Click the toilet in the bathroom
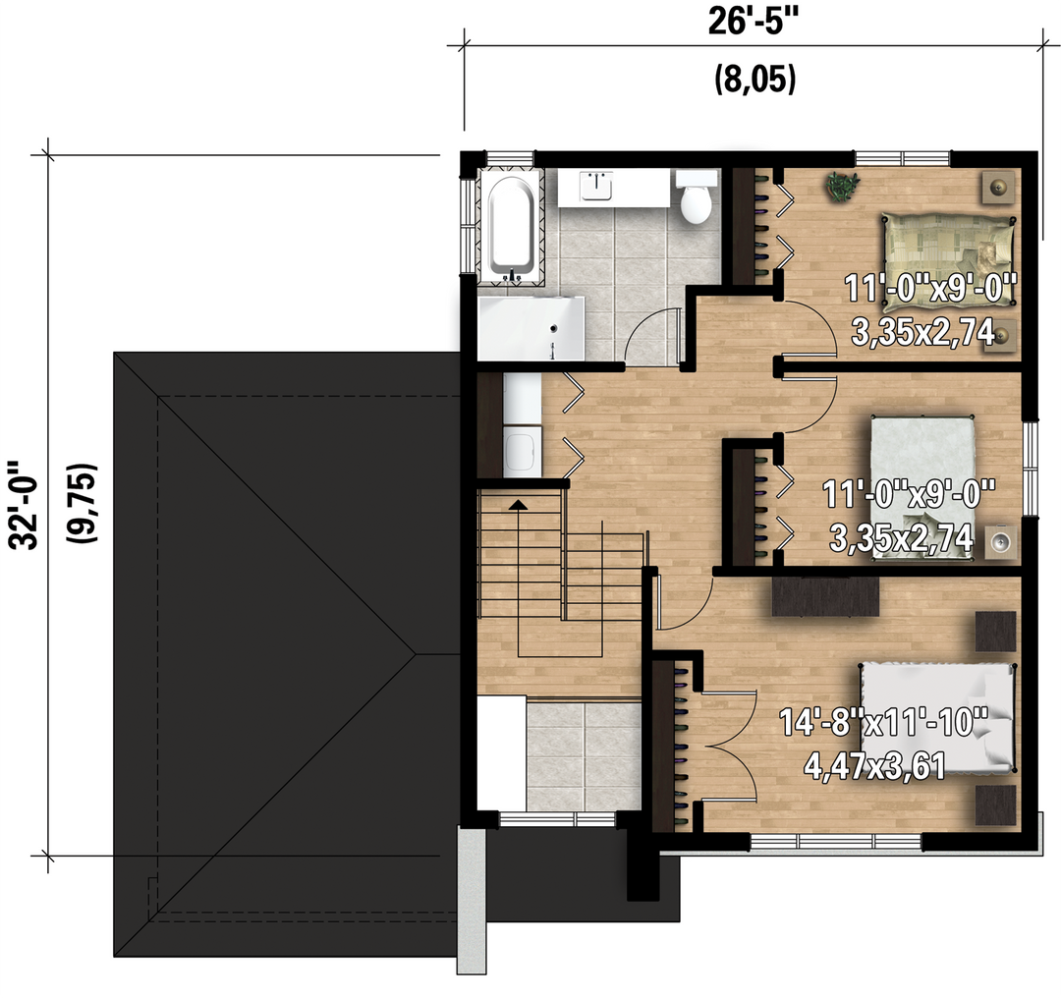pyautogui.click(x=697, y=196)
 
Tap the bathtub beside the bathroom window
pyautogui.click(x=512, y=229)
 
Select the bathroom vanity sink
pyautogui.click(x=596, y=186)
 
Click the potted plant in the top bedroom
pyautogui.click(x=842, y=186)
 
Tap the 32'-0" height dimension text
pyautogui.click(x=24, y=506)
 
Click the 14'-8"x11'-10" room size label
pyautogui.click(x=884, y=722)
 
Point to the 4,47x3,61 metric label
pyautogui.click(x=875, y=766)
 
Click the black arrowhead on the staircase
pyautogui.click(x=518, y=504)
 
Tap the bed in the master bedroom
pyautogui.click(x=938, y=718)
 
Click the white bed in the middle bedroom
pyautogui.click(x=922, y=487)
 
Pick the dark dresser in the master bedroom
pyautogui.click(x=825, y=595)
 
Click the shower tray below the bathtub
pyautogui.click(x=530, y=328)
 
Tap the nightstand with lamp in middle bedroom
pyautogui.click(x=1001, y=541)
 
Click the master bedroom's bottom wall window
pyautogui.click(x=836, y=841)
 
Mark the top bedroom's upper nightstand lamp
pyautogui.click(x=998, y=187)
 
